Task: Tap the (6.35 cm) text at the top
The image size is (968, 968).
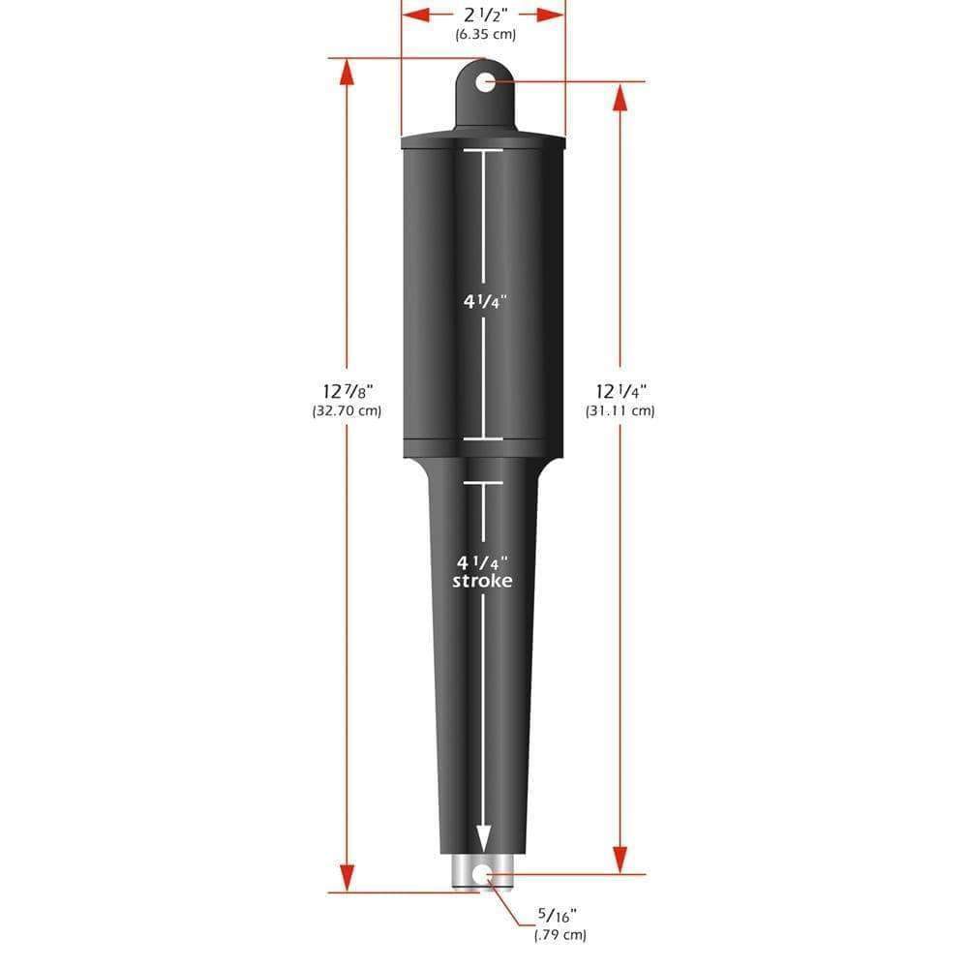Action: (x=484, y=35)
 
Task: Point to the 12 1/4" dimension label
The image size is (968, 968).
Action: (x=620, y=390)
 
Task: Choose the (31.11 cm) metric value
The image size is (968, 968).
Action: (x=620, y=410)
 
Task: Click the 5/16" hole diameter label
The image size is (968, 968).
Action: (x=560, y=914)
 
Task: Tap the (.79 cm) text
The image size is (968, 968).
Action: (x=560, y=935)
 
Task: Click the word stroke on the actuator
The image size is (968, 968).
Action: (x=482, y=581)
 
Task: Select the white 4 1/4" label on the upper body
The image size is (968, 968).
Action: (x=483, y=300)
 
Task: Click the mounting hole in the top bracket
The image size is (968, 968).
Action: (x=484, y=81)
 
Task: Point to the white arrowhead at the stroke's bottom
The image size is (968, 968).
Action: (x=482, y=838)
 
